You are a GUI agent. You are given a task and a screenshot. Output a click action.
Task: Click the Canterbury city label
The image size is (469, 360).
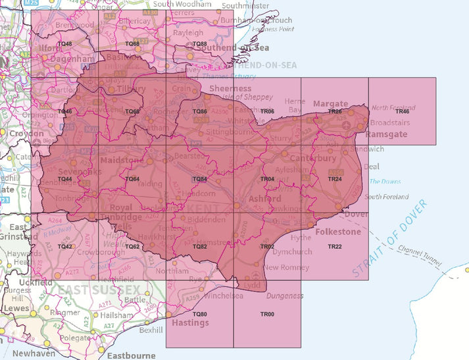pos(314,159)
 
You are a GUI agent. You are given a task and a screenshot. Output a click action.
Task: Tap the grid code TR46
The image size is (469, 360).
pos(402,112)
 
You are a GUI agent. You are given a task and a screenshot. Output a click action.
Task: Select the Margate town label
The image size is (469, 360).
pos(330,104)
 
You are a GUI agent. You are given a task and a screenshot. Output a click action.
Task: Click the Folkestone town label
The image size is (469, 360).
pos(339,232)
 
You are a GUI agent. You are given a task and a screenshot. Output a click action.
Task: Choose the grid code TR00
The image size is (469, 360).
pos(267,314)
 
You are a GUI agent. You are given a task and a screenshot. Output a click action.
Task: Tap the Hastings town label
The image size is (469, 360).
pos(190,323)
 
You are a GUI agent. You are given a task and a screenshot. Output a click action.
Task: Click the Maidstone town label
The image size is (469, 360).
pos(122,161)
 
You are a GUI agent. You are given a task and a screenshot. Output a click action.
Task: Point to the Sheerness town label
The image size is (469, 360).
pos(230,88)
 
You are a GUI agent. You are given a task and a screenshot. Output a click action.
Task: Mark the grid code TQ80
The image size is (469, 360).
pos(199,314)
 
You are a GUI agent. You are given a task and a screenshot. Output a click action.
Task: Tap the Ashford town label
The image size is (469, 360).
pos(265,199)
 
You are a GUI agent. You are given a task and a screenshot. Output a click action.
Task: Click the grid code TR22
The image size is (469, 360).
pos(335,246)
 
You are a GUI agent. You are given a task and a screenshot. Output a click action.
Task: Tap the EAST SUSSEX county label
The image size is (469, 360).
pos(99,290)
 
